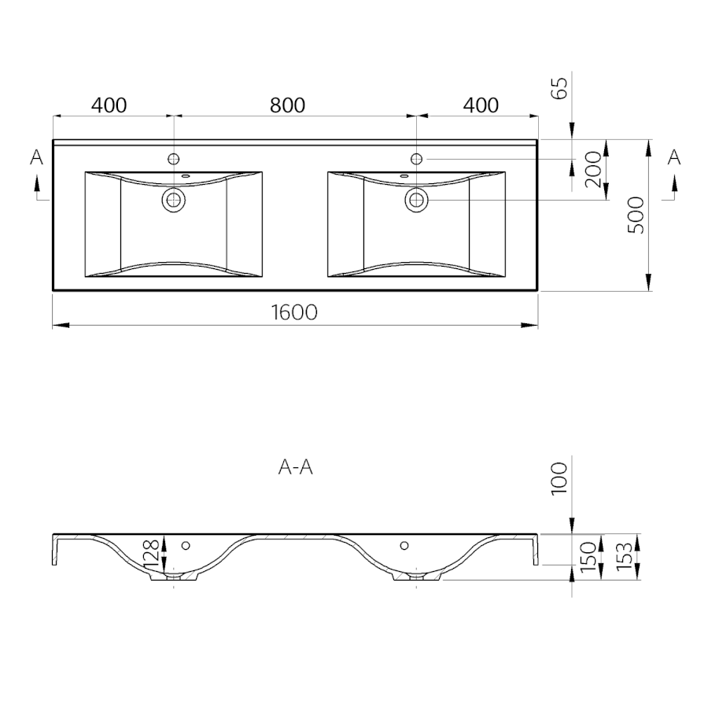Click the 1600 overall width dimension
[x=294, y=312]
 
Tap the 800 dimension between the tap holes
[x=287, y=105]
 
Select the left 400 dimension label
[x=109, y=105]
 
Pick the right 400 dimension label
[x=481, y=105]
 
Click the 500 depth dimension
[x=636, y=215]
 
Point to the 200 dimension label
[x=593, y=170]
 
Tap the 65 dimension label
[x=559, y=88]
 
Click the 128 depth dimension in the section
[x=151, y=554]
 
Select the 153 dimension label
[x=624, y=556]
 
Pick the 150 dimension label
[x=588, y=557]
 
